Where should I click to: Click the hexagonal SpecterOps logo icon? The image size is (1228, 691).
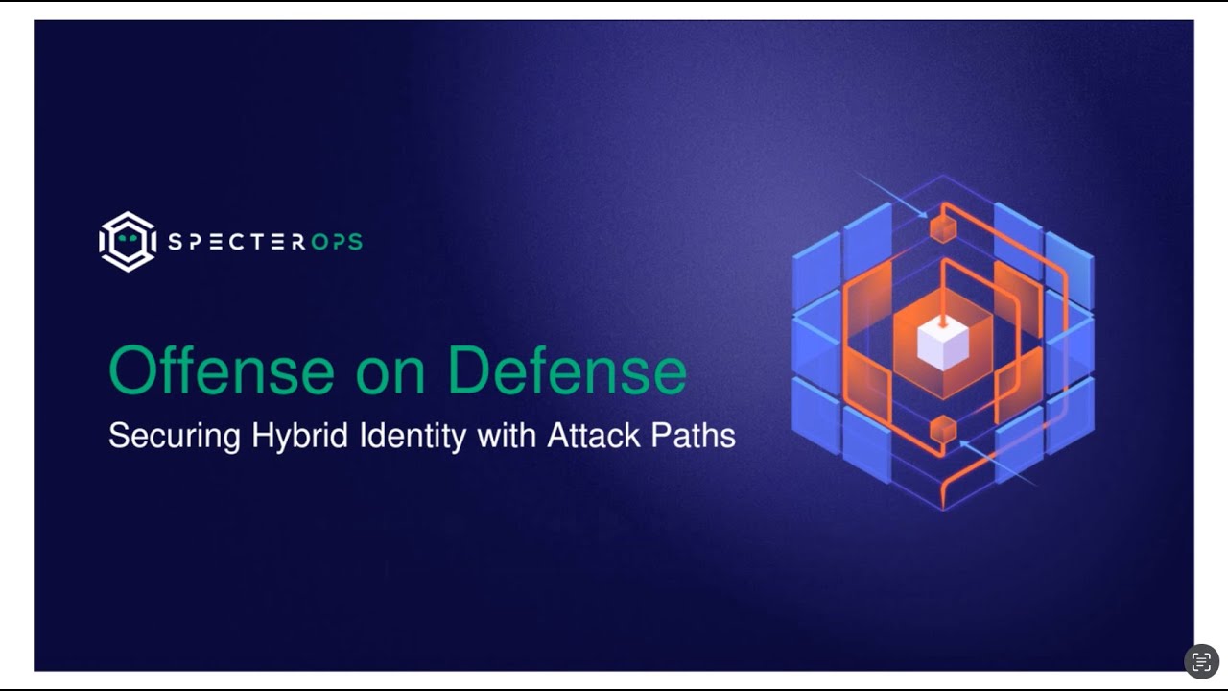tap(128, 241)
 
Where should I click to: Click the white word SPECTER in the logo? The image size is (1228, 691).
tap(236, 242)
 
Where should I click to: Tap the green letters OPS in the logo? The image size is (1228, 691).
tap(337, 242)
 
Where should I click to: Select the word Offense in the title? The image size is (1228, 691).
tap(220, 372)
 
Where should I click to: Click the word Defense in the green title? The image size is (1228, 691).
tap(567, 372)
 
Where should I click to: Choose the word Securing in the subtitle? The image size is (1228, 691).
tap(174, 437)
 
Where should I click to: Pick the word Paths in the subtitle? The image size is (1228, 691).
tap(693, 436)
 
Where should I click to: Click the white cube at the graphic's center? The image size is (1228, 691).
tap(943, 344)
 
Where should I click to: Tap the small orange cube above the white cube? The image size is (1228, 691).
tap(943, 228)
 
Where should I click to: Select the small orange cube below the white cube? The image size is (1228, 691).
tap(943, 430)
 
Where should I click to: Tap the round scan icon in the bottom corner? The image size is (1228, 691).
tap(1201, 661)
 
